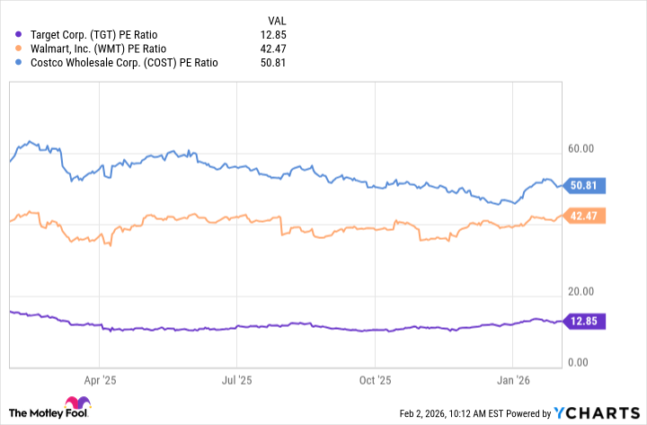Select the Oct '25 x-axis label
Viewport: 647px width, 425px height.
[376, 380]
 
